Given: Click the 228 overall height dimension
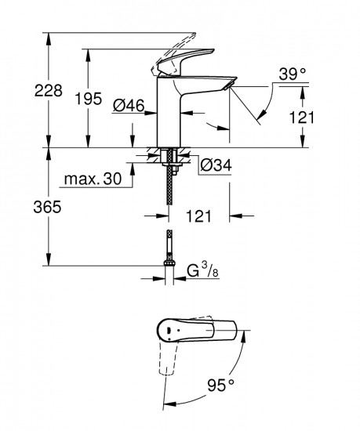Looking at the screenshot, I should pyautogui.click(x=20, y=91).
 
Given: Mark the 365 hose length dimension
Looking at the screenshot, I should pyautogui.click(x=20, y=208).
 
